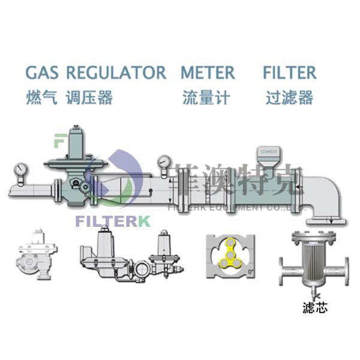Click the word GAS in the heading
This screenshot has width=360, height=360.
(43, 73)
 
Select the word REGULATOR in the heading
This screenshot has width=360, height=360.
(116, 73)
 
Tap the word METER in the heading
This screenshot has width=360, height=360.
(208, 73)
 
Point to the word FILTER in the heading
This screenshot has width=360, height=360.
(289, 73)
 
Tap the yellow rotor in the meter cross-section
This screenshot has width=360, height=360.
(231, 252)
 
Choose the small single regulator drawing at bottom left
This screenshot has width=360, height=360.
(35, 256)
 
